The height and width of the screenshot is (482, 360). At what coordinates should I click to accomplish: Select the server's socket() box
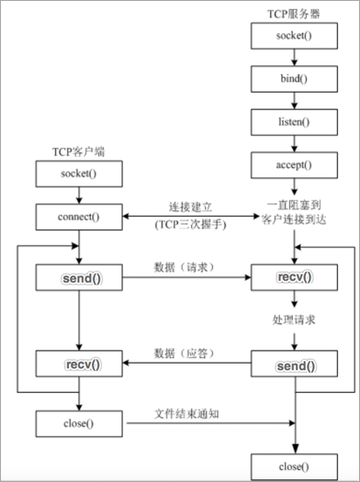coord(293,38)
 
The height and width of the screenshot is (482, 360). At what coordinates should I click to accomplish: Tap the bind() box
coord(293,79)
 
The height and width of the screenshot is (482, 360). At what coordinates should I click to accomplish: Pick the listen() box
coord(293,122)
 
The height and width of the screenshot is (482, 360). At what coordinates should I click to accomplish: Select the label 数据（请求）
coord(187,266)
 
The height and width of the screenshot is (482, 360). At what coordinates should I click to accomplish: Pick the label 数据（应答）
coord(187,353)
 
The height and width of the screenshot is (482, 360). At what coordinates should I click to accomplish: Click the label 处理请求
coord(293,318)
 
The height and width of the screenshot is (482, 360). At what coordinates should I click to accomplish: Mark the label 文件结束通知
coord(190,415)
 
